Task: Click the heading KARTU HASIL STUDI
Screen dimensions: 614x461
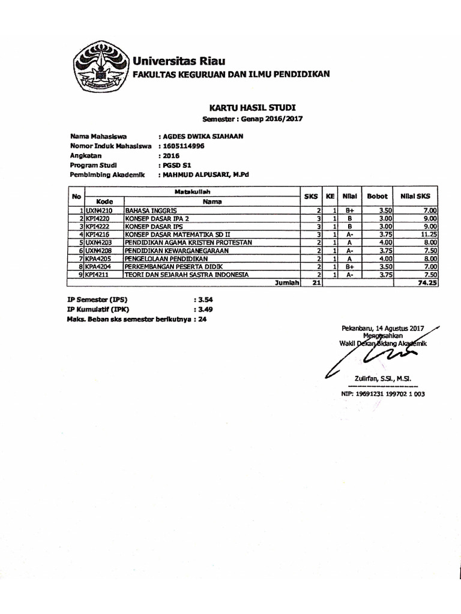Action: click(252, 107)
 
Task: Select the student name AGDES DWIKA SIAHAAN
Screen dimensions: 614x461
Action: click(200, 136)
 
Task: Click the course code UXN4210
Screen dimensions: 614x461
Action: click(99, 211)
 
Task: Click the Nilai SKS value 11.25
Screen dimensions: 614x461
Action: click(430, 234)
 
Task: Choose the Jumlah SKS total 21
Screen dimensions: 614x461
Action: click(311, 282)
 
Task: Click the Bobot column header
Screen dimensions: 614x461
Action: click(378, 196)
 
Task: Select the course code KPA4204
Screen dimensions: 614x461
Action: click(98, 266)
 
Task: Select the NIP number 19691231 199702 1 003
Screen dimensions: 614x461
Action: click(383, 394)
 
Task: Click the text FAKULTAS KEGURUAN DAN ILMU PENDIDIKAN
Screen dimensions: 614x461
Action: click(231, 74)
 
